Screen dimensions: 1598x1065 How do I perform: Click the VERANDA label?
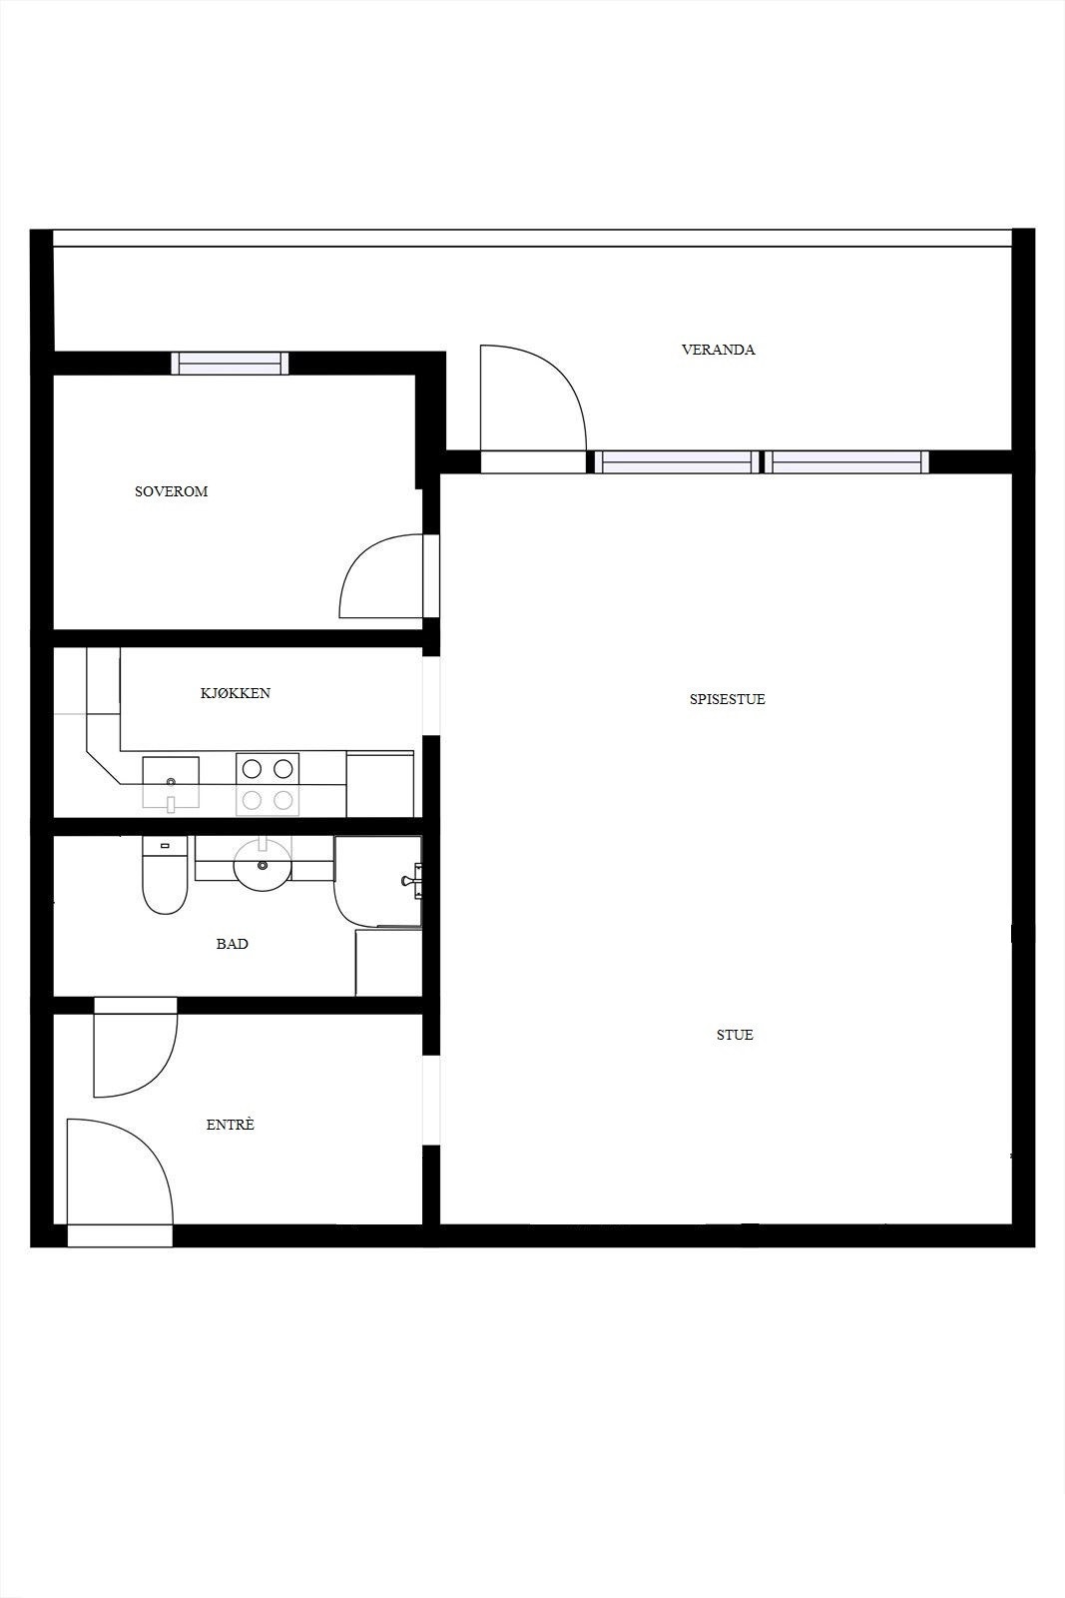click(718, 350)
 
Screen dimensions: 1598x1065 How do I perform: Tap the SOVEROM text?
click(171, 491)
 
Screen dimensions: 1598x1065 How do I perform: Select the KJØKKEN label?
click(236, 693)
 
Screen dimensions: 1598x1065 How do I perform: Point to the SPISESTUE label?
click(727, 699)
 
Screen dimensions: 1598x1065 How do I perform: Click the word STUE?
click(735, 1035)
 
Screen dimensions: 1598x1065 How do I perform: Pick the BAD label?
click(232, 944)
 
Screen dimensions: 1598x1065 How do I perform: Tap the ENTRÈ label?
click(230, 1125)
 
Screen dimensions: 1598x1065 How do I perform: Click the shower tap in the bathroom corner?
click(410, 880)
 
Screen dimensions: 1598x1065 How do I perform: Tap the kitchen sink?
click(171, 782)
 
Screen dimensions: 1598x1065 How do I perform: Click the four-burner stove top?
click(267, 784)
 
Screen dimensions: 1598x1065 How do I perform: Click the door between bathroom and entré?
click(135, 1049)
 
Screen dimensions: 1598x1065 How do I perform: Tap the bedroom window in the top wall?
click(230, 364)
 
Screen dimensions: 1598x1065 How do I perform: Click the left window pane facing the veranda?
click(677, 461)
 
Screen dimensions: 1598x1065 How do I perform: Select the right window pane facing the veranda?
click(845, 461)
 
